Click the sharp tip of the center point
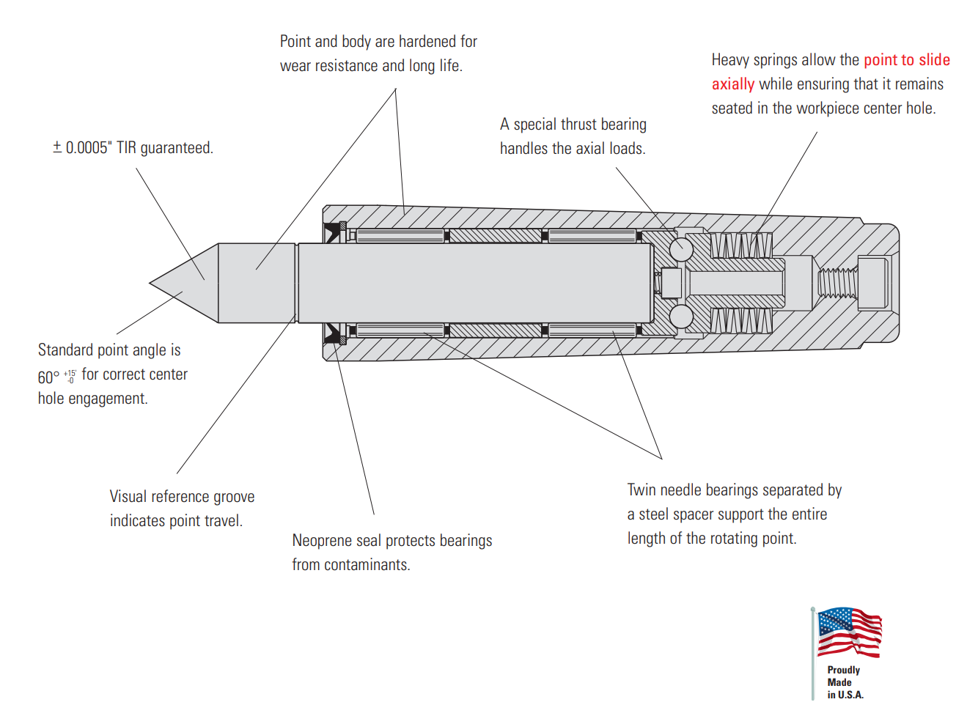[152, 283]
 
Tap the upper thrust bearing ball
[681, 248]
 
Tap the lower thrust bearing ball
[681, 317]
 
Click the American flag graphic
[849, 632]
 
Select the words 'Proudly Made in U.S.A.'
[845, 682]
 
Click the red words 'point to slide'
[906, 60]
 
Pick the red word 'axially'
[732, 84]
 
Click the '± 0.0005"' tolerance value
[81, 148]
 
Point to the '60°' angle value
[48, 377]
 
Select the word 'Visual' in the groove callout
[128, 497]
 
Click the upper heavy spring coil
[740, 245]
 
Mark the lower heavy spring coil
[740, 320]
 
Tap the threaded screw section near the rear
[837, 283]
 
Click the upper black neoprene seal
[334, 232]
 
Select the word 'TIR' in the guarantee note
[126, 148]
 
